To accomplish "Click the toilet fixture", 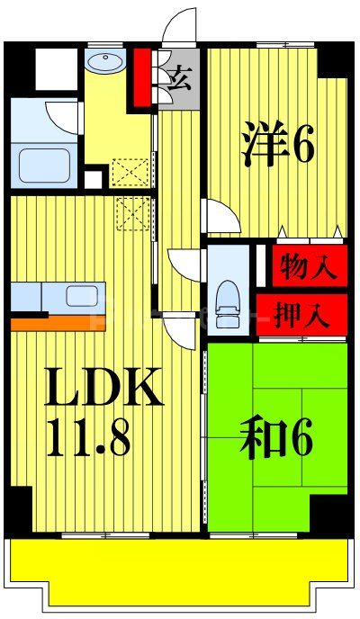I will pyautogui.click(x=228, y=298).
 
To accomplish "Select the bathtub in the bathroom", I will pyautogui.click(x=46, y=165).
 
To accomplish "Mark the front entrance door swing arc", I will pyautogui.click(x=179, y=25).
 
